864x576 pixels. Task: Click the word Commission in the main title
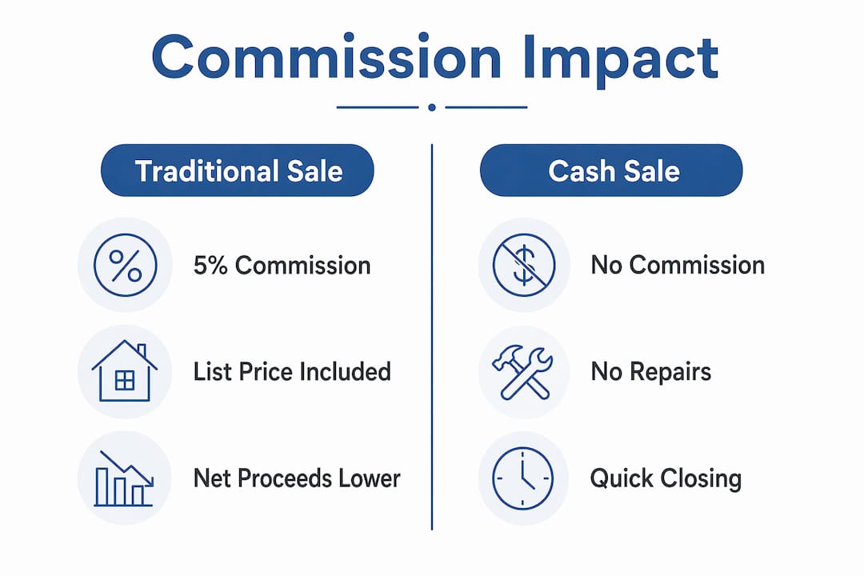coord(326,58)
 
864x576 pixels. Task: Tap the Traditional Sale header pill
coord(238,170)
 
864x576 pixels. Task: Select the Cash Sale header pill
coord(611,170)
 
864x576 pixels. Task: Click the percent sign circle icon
coord(125,265)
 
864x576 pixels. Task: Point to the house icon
coord(125,370)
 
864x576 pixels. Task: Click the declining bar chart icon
coord(124,478)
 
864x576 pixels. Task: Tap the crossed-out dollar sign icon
coord(523,265)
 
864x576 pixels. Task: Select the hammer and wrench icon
coord(522,371)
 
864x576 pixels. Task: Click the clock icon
coord(522,478)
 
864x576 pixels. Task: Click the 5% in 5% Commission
coord(210,266)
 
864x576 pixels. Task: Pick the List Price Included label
coord(292,371)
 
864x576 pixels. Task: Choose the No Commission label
coord(678,265)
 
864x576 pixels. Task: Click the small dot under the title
coord(432,107)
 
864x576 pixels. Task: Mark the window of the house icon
coord(125,380)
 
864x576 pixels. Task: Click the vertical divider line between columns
coord(432,338)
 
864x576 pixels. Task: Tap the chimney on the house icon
coord(142,351)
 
